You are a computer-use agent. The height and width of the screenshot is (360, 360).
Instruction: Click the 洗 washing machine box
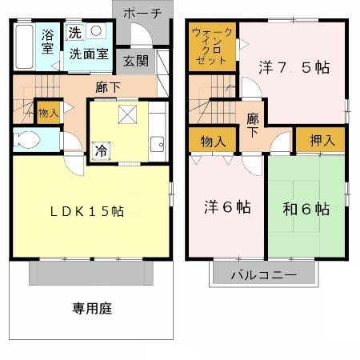[x=74, y=33]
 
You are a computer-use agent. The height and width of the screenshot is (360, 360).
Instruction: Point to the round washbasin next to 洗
[x=97, y=31]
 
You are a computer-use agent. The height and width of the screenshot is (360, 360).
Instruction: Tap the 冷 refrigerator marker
[x=101, y=149]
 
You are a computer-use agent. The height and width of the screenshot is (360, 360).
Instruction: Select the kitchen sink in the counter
[x=157, y=144]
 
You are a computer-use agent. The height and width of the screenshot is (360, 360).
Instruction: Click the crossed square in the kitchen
[x=126, y=114]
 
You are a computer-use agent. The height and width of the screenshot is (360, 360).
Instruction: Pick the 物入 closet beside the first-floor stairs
[x=48, y=112]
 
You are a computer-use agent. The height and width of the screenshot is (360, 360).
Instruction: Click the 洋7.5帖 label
[x=294, y=68]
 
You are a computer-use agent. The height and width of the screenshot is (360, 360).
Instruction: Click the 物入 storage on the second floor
[x=213, y=142]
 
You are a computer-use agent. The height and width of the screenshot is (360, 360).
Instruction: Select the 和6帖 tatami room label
[x=306, y=209]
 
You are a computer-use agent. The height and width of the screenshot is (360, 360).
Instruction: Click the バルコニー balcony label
[x=263, y=274]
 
